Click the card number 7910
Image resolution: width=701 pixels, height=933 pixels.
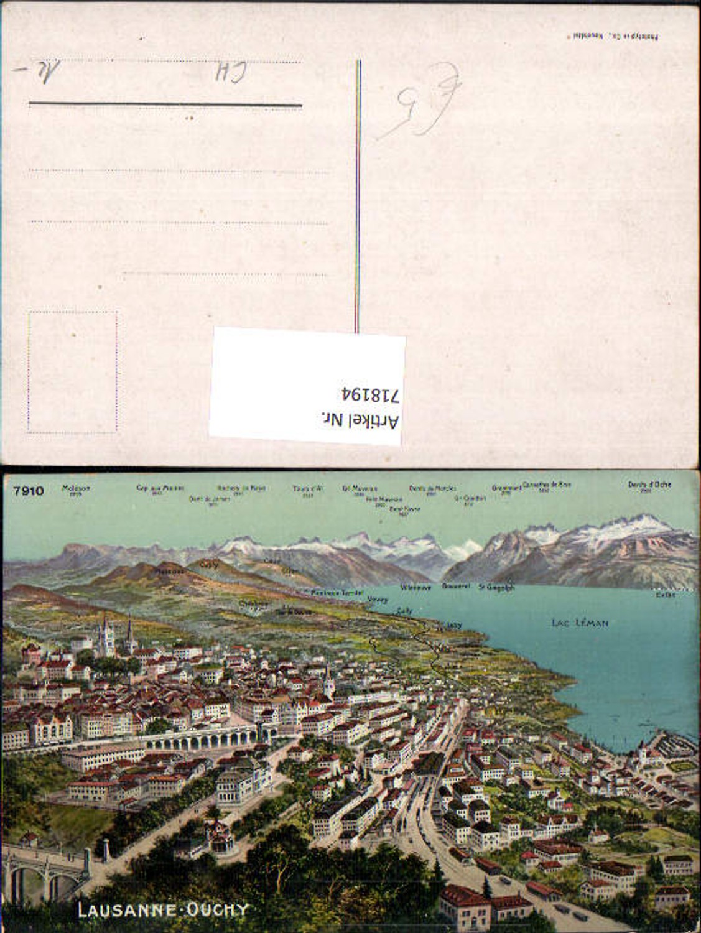click(28, 491)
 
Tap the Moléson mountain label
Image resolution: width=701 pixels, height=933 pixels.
click(76, 488)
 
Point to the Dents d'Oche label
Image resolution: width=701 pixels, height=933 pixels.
click(640, 484)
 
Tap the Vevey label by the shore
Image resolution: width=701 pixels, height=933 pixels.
click(378, 600)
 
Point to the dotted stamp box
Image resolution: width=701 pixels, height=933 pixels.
click(73, 371)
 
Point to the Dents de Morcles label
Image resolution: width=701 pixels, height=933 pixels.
click(432, 488)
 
